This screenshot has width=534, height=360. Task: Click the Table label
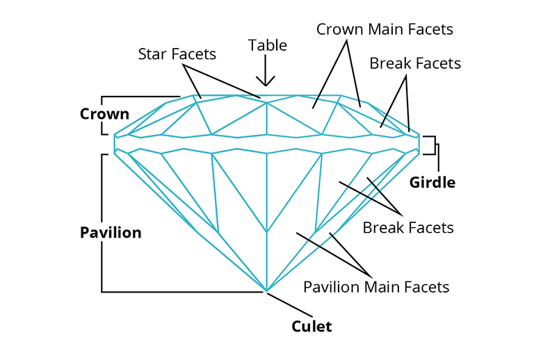pyautogui.click(x=268, y=46)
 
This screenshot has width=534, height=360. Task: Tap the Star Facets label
pyautogui.click(x=177, y=54)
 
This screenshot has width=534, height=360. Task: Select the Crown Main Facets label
pyautogui.click(x=385, y=30)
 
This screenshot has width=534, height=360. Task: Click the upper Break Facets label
pyautogui.click(x=415, y=64)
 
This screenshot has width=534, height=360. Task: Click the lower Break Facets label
pyautogui.click(x=408, y=228)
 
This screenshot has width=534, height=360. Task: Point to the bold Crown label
pyautogui.click(x=104, y=114)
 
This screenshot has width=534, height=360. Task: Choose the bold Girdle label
pyautogui.click(x=432, y=183)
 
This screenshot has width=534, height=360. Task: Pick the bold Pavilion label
pyautogui.click(x=111, y=232)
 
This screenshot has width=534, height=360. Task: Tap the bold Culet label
pyautogui.click(x=311, y=326)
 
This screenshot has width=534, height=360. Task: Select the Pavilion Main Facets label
pyautogui.click(x=376, y=286)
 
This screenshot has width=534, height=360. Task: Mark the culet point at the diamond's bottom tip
pyautogui.click(x=266, y=291)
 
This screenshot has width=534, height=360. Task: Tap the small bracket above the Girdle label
pyautogui.click(x=433, y=145)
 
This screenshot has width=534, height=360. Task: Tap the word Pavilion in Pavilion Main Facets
pyautogui.click(x=330, y=286)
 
